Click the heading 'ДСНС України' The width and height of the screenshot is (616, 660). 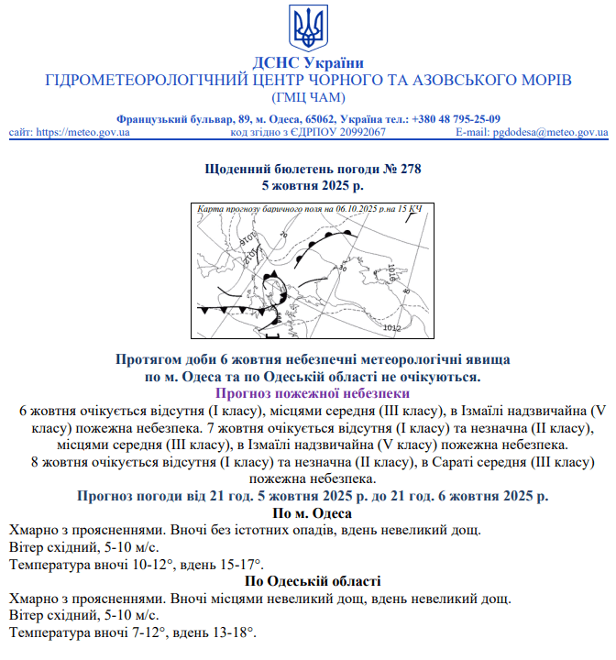(x=308, y=62)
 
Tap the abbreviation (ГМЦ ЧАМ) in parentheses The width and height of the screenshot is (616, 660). (x=308, y=97)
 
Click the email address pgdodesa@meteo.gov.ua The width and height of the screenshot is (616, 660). (x=550, y=132)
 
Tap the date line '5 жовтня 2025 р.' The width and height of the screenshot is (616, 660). (x=308, y=185)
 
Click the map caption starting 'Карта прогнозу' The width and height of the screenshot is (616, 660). (x=309, y=210)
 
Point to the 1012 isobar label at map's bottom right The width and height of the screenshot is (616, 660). (x=391, y=327)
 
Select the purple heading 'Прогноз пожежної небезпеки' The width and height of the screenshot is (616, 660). (x=308, y=393)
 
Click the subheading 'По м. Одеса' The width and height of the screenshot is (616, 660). (x=308, y=513)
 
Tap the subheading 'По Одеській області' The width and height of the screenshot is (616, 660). (x=308, y=581)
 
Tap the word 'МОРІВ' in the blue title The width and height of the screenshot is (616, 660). (x=540, y=80)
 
